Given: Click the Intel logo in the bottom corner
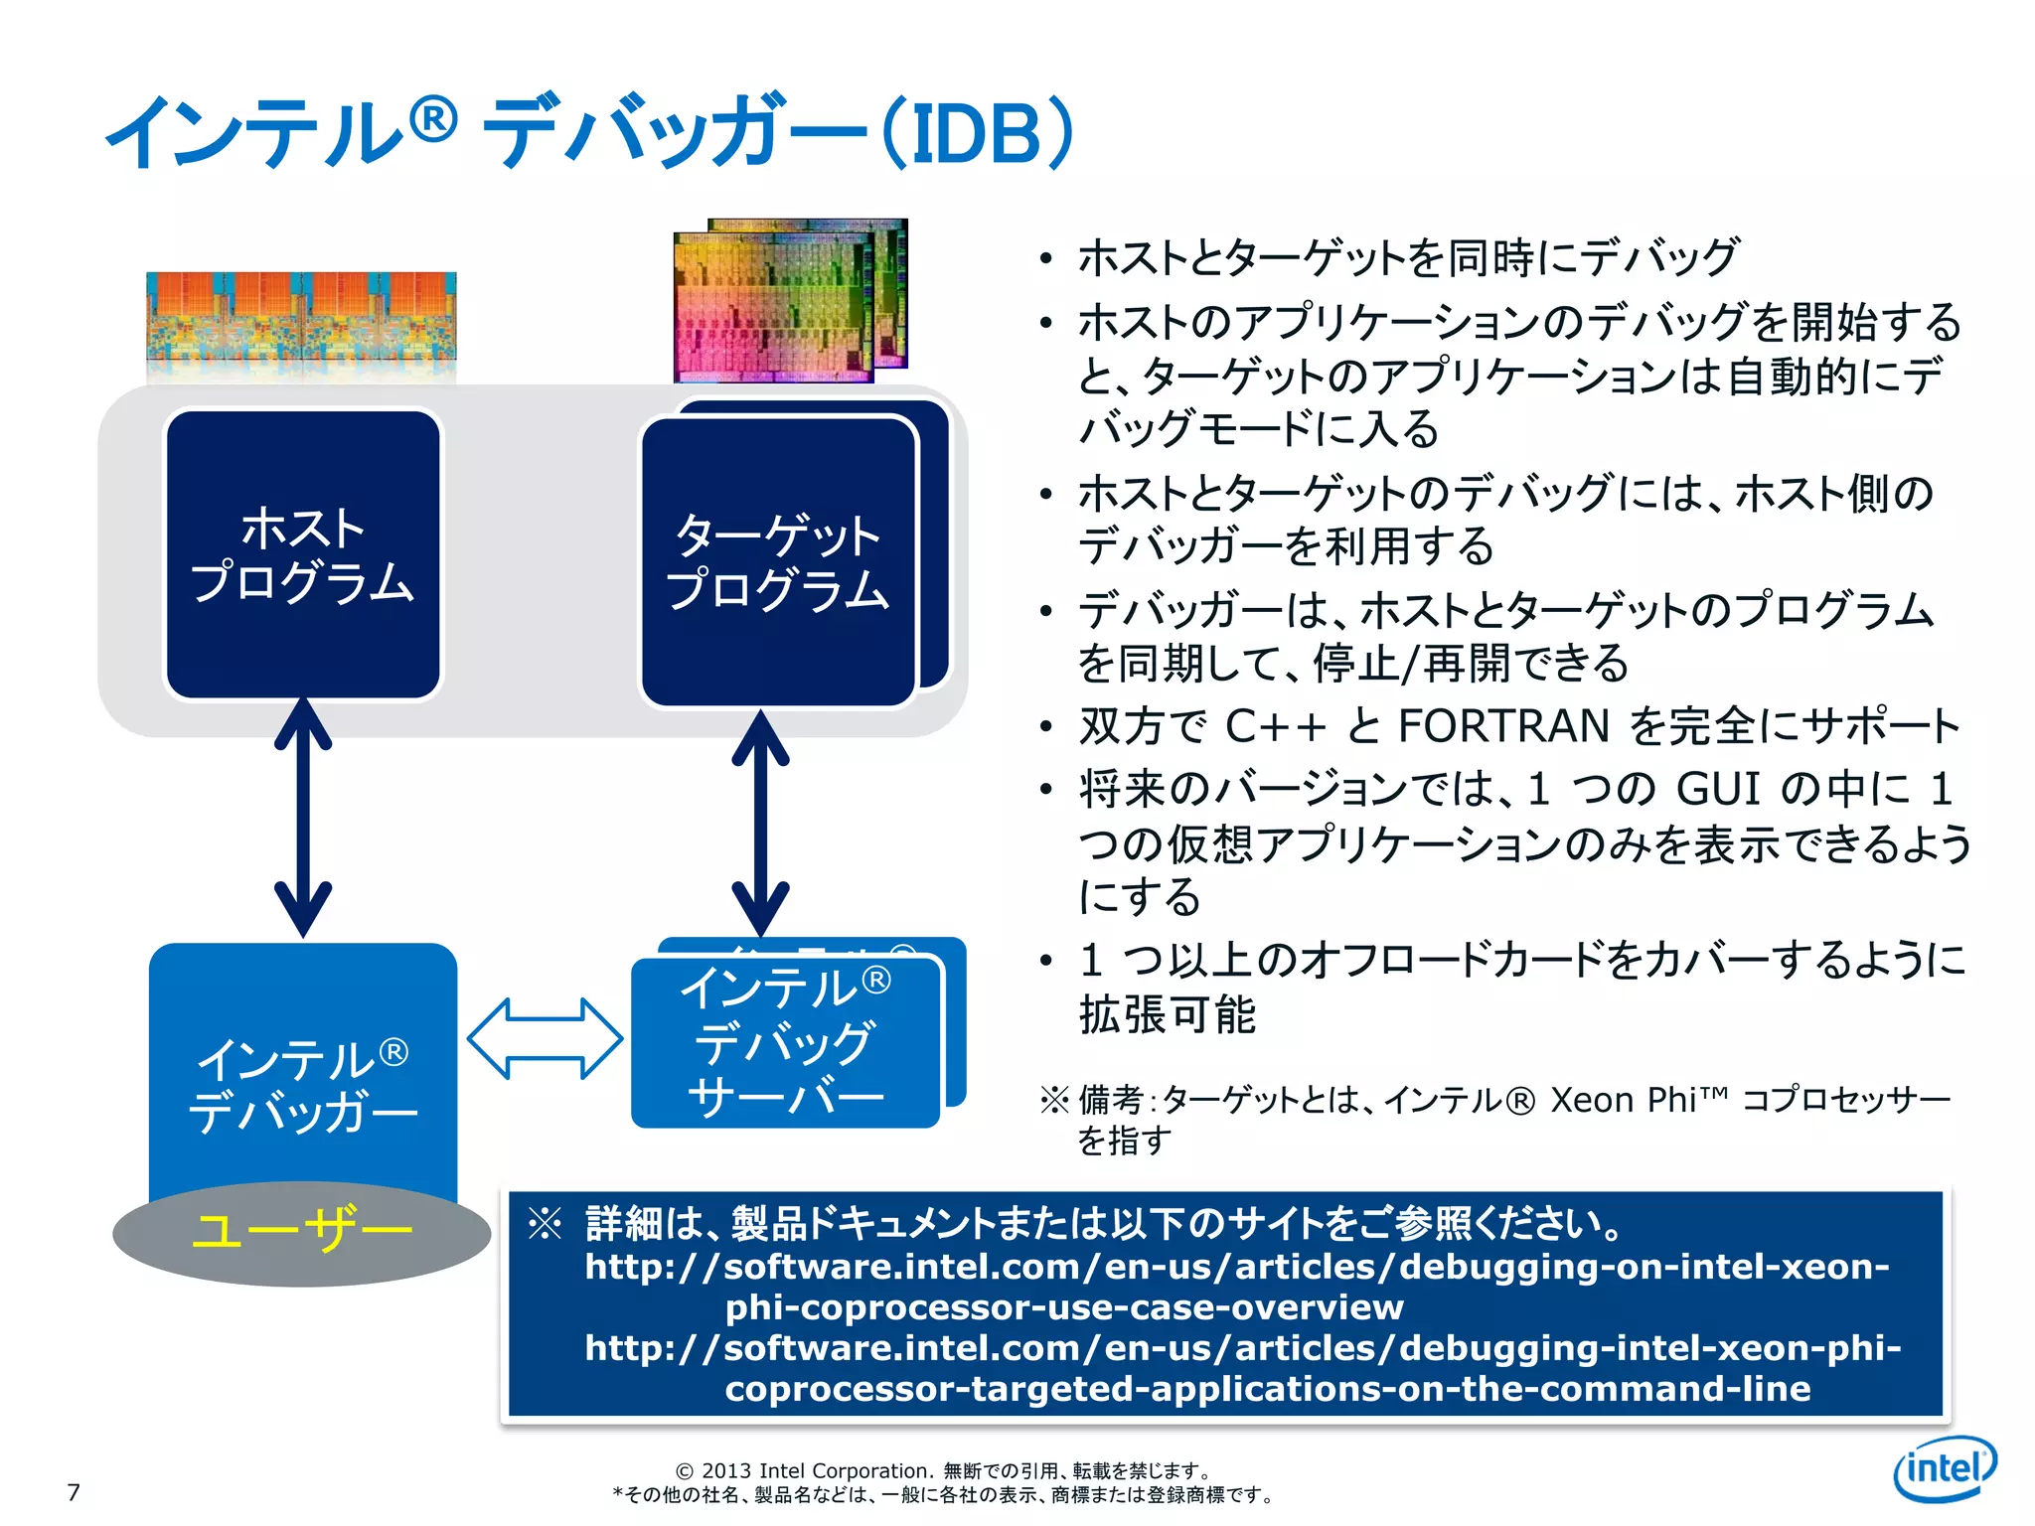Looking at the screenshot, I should point(1945,1468).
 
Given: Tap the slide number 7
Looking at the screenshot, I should point(73,1491).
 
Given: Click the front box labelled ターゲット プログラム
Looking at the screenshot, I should point(777,562).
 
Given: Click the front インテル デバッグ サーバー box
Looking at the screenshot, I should point(785,1042).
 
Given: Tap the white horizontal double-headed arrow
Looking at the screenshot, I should point(545,1039).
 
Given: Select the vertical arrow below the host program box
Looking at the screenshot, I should point(303,818).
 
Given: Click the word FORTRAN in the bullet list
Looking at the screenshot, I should point(1502,726).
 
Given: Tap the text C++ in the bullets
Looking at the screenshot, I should point(1275,726).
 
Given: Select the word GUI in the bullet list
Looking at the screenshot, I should point(1718,790).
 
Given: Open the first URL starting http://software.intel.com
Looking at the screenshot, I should point(1237,1268).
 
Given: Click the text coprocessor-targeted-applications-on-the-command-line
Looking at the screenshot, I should point(1267,1389).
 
